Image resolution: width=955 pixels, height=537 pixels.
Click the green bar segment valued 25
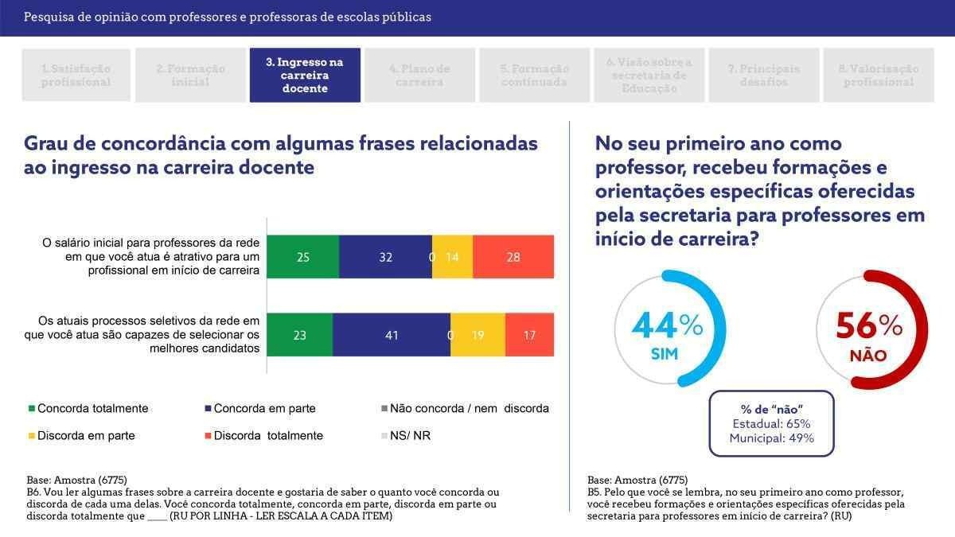coord(302,257)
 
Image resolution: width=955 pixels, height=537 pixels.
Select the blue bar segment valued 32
coord(385,257)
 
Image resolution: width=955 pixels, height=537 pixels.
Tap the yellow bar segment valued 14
coord(453,257)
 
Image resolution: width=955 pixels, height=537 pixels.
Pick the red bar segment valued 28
coord(513,257)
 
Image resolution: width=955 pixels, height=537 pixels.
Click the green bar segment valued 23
coord(299,335)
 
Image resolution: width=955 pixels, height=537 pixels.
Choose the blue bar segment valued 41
coord(391,335)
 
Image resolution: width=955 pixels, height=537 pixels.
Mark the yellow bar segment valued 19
coord(478,335)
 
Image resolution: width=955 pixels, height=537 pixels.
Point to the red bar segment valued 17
coord(529,335)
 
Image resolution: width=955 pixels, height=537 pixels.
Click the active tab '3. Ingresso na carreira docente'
coord(305,75)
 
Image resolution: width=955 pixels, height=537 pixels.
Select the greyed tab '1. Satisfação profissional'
coord(76,75)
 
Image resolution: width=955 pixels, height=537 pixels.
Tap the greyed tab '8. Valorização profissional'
coord(879,75)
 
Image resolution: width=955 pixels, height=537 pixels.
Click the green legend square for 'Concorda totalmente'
coord(32,409)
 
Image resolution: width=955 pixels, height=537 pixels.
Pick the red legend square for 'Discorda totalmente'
coord(209,436)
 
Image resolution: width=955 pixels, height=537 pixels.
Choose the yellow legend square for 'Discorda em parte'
coord(32,436)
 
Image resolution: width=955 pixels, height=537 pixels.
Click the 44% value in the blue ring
coord(667,325)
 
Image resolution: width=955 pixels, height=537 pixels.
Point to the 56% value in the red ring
coord(868,325)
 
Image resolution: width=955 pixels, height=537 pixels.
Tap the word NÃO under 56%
coord(868,356)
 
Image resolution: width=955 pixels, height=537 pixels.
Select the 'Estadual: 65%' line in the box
coord(770,423)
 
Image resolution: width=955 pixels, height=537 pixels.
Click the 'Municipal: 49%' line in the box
coord(770,438)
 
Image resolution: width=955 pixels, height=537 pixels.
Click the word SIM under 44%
coord(665,355)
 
